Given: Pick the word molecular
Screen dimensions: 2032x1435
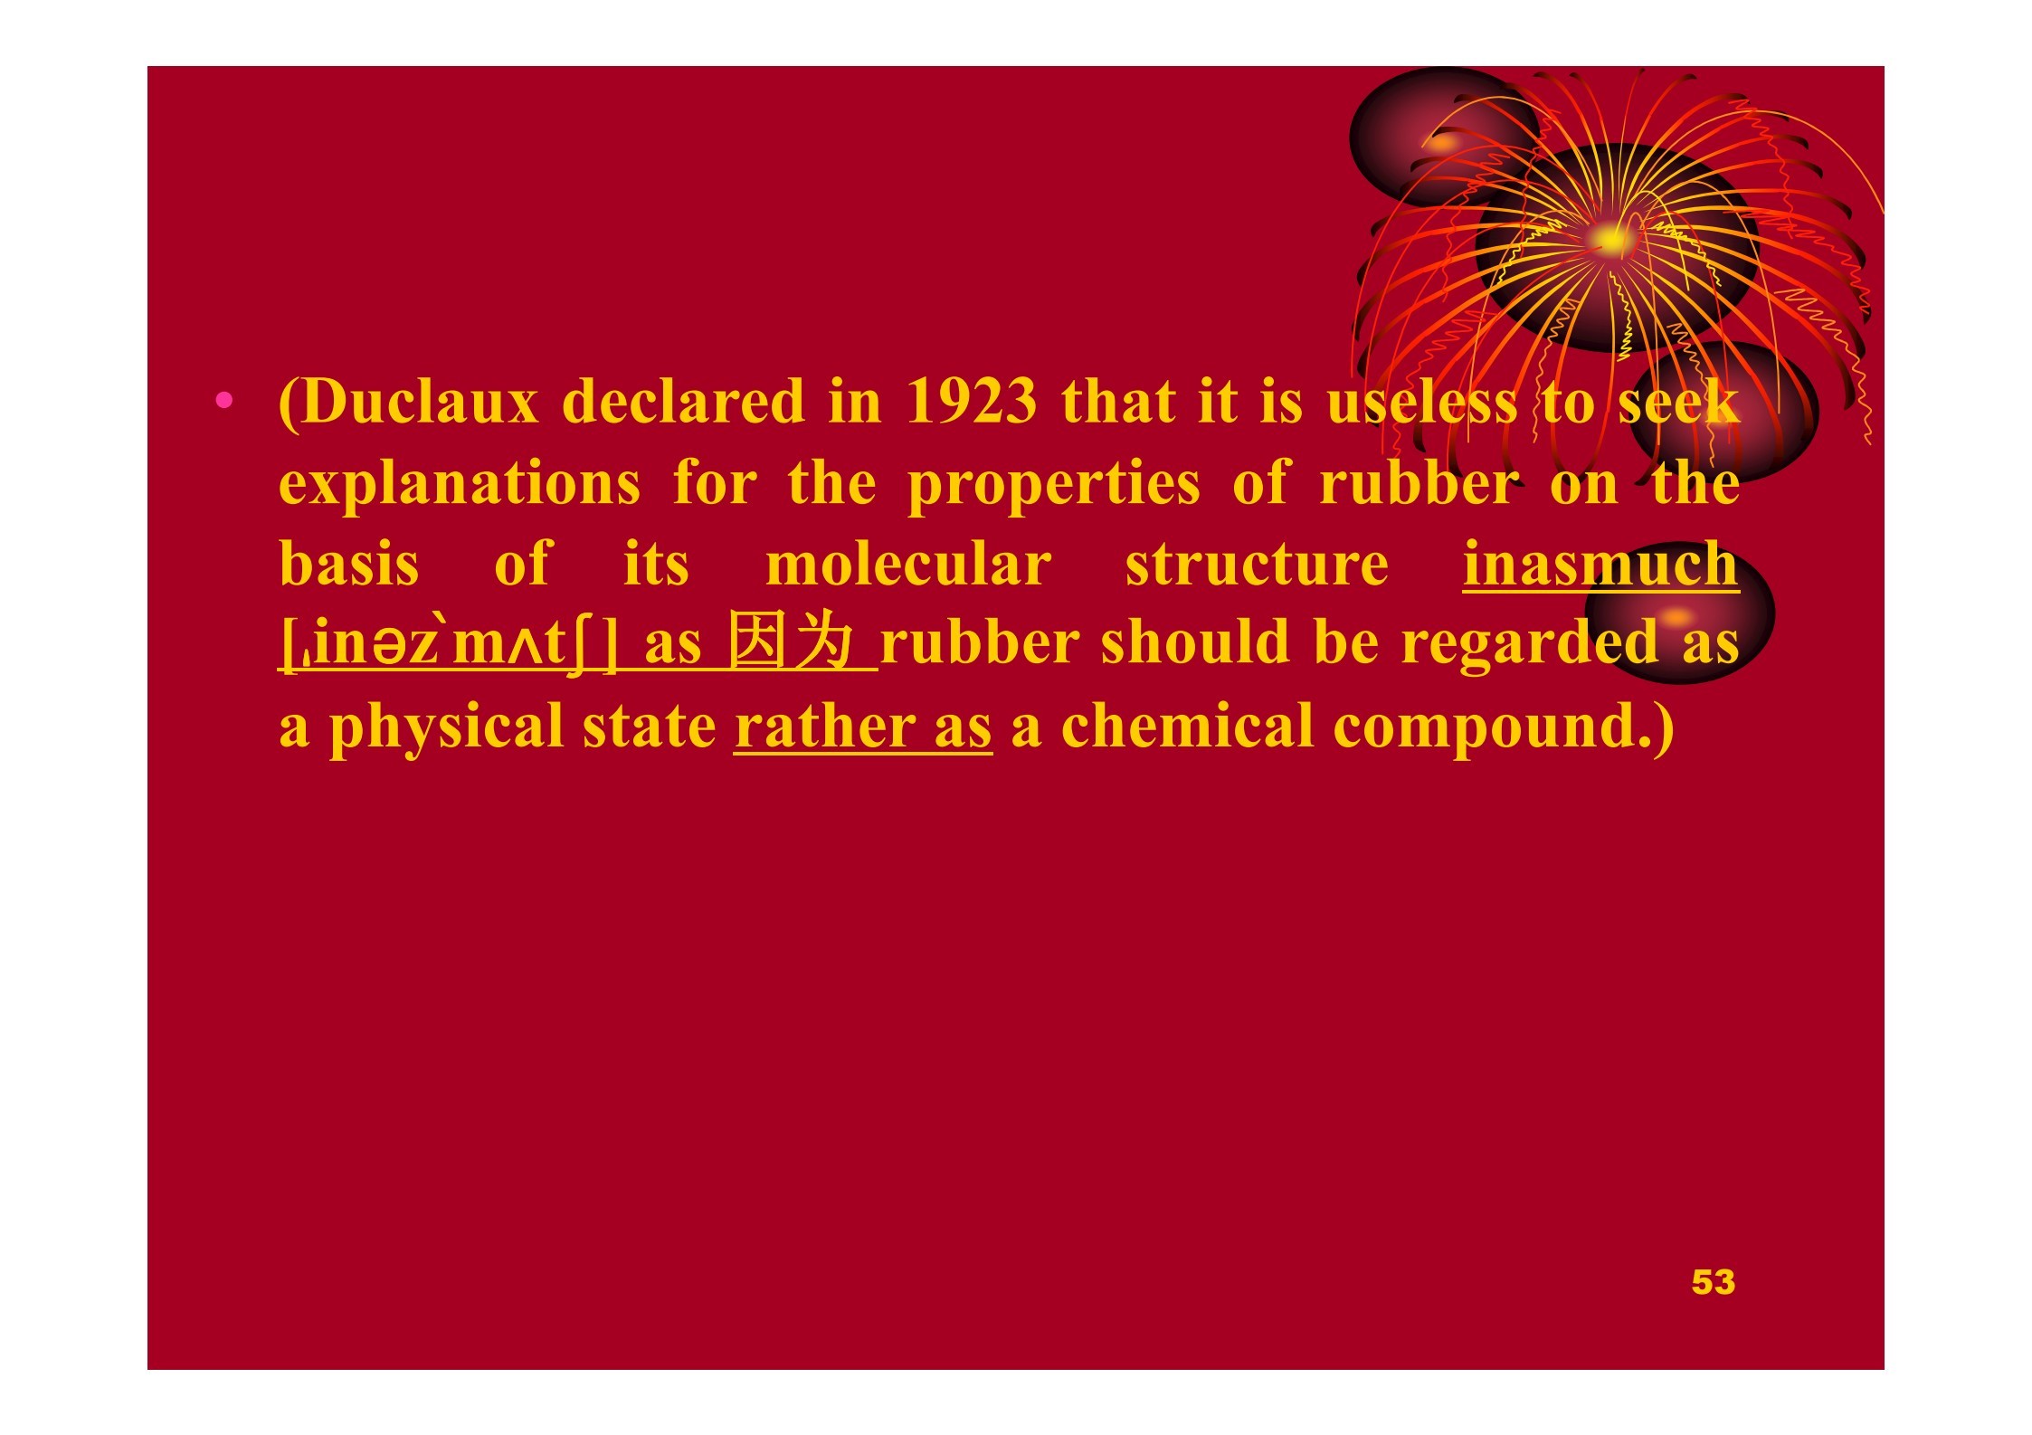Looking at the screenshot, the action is tap(908, 564).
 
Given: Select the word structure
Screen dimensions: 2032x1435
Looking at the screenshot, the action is tap(1257, 565).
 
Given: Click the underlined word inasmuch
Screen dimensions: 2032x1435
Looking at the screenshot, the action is tap(1600, 564).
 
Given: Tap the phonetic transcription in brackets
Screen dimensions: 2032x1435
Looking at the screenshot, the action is tap(449, 645).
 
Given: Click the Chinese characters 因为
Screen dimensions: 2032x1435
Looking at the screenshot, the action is tap(791, 641).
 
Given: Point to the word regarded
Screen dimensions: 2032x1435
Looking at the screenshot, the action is tap(1530, 644).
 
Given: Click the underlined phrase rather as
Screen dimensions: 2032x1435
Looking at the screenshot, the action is tap(863, 727).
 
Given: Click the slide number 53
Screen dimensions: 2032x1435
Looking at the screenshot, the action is tap(1713, 1281).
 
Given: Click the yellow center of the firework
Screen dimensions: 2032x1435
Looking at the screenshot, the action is tap(1609, 240).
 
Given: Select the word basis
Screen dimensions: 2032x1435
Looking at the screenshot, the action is tap(349, 564).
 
